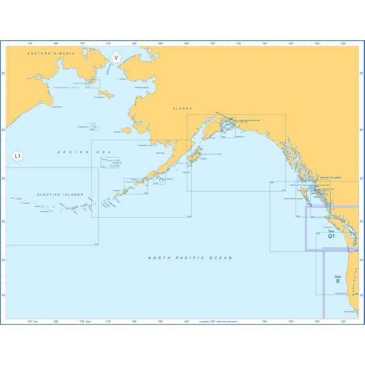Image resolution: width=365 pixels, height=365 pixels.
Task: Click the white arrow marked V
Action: pos(116,58)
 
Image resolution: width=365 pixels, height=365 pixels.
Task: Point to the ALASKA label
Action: pos(182,109)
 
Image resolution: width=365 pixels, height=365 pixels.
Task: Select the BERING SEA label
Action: pos(84,151)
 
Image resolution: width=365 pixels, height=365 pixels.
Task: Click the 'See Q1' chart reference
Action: pos(331,234)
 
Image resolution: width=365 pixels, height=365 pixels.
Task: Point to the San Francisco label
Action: pos(349,312)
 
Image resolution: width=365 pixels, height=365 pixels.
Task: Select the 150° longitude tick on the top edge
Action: pos(213,43)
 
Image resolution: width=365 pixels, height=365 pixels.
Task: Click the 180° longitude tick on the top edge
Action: pos(56,43)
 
